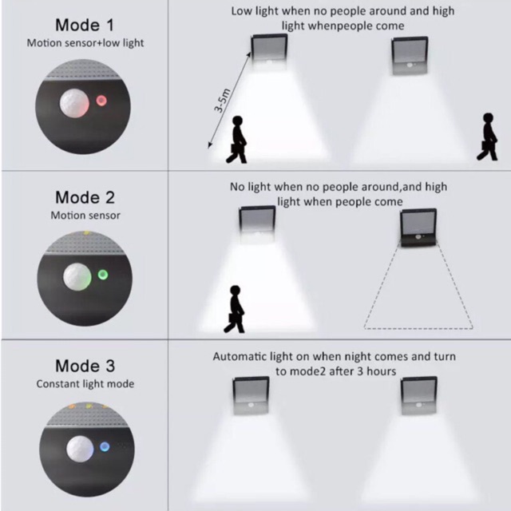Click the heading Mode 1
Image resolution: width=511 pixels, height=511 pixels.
85,26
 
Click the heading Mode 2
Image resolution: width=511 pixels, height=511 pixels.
85,197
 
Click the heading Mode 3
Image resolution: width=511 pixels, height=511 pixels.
85,366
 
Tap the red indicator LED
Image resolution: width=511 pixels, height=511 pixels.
101,101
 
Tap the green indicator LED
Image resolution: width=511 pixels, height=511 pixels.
103,275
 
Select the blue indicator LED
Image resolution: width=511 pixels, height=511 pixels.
105,446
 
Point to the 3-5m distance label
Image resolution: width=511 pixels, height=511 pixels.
222,101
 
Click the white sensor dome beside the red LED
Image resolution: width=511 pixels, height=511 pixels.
74,103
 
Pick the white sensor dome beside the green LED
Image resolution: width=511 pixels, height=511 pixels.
77,277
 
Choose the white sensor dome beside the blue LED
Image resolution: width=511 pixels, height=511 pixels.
80,449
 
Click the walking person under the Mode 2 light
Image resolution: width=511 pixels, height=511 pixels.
235,309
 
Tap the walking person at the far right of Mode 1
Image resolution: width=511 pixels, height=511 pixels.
488,137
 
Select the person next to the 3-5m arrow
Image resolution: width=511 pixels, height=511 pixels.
236,139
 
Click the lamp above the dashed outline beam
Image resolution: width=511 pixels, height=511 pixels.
418,228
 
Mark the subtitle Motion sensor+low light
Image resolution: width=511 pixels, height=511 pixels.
85,43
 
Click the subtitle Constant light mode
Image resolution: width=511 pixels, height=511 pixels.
85,384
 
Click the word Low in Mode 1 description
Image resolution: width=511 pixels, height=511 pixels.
242,11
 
